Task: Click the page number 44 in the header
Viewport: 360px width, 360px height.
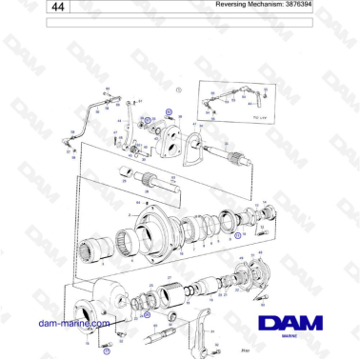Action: pos(34,8)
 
